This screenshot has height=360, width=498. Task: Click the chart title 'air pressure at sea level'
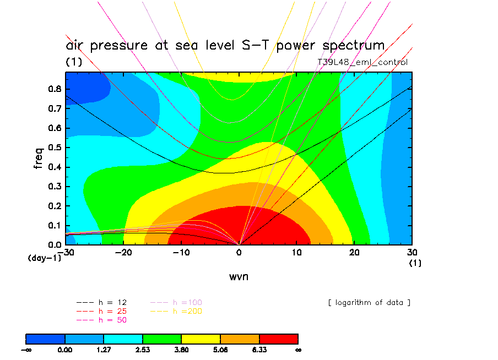coord(225,45)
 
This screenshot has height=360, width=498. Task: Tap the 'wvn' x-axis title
coord(239,276)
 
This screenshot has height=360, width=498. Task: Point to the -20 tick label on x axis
coord(123,252)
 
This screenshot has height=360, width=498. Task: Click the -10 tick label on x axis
coord(181,252)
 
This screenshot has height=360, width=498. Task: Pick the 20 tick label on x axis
coord(355,252)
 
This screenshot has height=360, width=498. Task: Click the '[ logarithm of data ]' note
coord(369,303)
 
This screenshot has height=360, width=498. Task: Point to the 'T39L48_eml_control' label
coord(362,62)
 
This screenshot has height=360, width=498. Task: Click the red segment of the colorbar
coord(278,339)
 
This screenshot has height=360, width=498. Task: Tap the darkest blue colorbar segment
coord(46,339)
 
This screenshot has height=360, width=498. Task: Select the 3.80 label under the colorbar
coord(181,349)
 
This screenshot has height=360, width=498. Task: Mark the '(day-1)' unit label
coord(44,258)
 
